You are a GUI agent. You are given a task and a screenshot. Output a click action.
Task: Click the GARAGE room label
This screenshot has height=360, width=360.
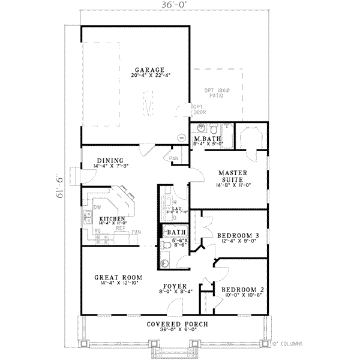(x=146, y=70)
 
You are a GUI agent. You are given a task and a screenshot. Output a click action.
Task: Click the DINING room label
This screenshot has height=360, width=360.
(x=110, y=160)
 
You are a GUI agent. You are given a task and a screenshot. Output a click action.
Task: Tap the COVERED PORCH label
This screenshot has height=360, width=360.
(x=177, y=325)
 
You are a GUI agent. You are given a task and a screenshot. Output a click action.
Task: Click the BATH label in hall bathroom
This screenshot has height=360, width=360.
(x=176, y=232)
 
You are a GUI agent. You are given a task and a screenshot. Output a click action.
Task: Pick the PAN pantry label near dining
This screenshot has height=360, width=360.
(x=174, y=158)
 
